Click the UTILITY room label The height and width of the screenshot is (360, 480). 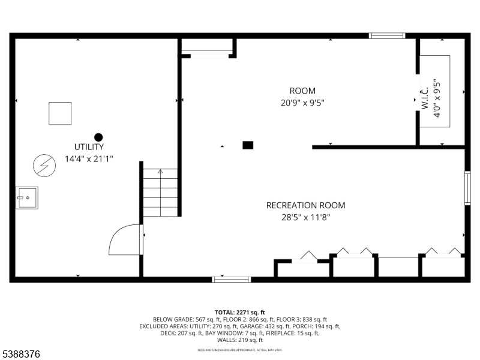[89, 147]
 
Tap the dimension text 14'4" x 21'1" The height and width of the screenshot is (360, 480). [89, 159]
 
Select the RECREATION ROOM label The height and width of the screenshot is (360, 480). [305, 205]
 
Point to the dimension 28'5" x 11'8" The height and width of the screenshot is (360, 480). [305, 217]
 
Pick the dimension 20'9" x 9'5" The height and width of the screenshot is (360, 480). [302, 103]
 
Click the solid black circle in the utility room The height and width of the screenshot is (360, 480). [98, 137]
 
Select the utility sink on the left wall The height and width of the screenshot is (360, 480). [27, 197]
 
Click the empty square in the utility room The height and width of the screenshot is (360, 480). [60, 113]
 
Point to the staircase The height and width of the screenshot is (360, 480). [161, 192]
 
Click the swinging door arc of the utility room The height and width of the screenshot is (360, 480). [124, 240]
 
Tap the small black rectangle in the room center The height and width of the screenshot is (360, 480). [248, 145]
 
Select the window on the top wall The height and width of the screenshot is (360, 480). [387, 35]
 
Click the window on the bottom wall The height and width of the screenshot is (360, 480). [232, 279]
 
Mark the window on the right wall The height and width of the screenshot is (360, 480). [467, 188]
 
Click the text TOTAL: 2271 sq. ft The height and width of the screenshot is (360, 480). [240, 312]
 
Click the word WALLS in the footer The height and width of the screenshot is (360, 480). [228, 340]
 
